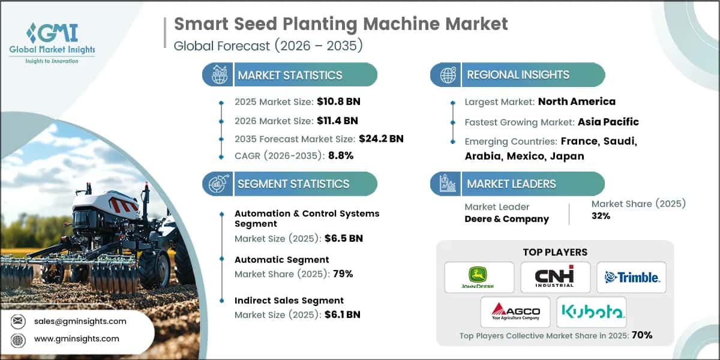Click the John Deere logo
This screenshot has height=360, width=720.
click(479, 277)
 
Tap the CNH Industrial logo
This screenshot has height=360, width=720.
click(555, 277)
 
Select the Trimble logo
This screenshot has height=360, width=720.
click(631, 277)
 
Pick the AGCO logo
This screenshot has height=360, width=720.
click(515, 312)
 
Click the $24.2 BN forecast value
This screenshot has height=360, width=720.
click(381, 139)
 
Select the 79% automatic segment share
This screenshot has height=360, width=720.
click(342, 274)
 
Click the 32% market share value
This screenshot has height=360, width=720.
click(601, 216)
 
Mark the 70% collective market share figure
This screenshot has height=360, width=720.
click(641, 335)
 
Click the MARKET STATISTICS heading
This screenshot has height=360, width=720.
click(290, 75)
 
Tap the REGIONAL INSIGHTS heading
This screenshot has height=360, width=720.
click(518, 75)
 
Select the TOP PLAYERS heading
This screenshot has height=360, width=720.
click(555, 252)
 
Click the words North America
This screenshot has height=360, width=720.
click(577, 101)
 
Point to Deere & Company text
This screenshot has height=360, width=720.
click(506, 219)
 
